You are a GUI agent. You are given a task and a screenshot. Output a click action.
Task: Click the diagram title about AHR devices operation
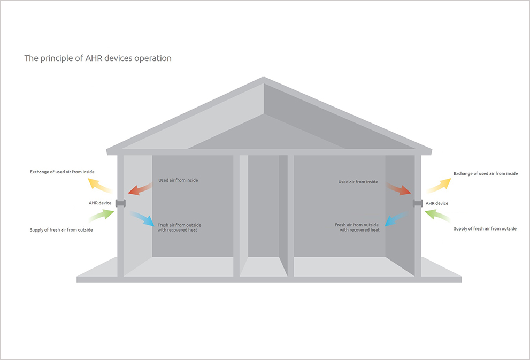tap(98, 58)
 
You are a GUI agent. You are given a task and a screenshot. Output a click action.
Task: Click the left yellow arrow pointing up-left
tap(99, 185)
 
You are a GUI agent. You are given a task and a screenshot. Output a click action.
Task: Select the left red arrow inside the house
tap(140, 188)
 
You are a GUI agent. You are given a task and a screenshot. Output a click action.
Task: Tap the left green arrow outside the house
tap(101, 215)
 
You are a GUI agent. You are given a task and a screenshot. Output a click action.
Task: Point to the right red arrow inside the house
tap(398, 188)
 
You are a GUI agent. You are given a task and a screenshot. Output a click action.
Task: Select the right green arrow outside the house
tap(437, 216)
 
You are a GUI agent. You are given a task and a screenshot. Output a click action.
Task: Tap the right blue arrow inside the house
tap(395, 219)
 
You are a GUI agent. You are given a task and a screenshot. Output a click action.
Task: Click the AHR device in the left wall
tap(120, 203)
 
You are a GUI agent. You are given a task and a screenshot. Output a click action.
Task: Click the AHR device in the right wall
tap(418, 203)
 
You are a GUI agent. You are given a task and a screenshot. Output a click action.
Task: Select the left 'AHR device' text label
tap(100, 203)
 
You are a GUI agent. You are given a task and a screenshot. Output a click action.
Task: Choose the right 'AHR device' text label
tap(437, 203)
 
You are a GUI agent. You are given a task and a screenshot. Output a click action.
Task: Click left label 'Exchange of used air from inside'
tap(62, 172)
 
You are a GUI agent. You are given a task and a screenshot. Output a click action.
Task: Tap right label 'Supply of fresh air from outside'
tap(485, 229)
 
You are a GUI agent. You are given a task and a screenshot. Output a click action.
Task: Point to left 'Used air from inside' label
tap(178, 180)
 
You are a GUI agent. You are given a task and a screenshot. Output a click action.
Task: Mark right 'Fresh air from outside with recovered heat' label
tap(357, 227)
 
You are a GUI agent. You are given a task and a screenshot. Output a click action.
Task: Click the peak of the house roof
tap(264, 80)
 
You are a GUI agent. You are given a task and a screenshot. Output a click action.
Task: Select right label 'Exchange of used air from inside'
tap(486, 174)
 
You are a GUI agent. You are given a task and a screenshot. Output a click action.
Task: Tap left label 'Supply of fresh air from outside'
tap(61, 230)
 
